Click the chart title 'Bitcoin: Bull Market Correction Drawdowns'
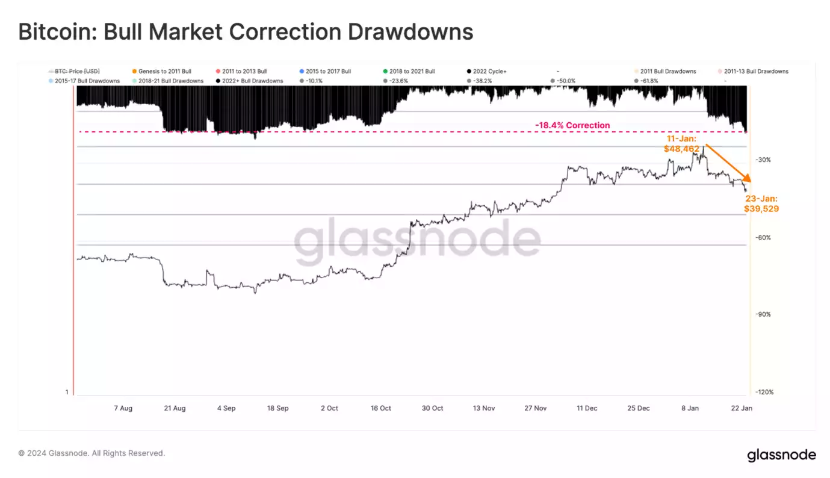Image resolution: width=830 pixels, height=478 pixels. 246,32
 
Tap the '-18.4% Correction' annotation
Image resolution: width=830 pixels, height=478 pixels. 572,125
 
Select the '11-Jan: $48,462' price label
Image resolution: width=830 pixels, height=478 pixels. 681,143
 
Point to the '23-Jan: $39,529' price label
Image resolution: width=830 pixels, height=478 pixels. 761,203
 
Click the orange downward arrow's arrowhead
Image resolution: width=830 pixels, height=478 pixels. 749,179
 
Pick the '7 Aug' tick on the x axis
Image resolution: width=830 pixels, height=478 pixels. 123,408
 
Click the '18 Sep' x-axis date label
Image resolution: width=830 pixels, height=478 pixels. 277,408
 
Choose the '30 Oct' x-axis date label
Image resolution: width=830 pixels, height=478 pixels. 432,408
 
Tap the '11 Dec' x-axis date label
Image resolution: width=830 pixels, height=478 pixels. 587,408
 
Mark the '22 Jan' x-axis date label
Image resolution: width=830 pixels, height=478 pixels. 742,408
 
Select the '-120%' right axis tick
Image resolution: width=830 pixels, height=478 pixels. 765,393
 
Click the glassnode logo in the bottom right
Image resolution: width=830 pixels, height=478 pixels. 781,455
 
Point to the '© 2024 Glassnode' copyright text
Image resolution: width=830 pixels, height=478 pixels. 91,453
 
